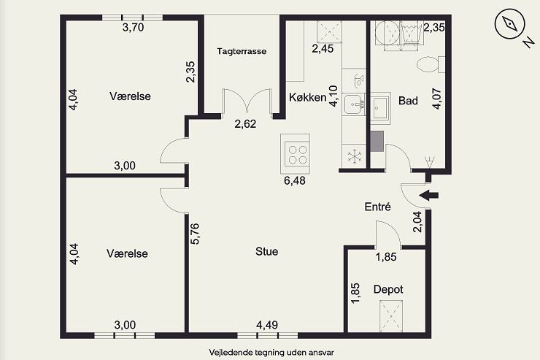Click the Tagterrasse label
pyautogui.click(x=242, y=51)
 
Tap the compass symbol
pyautogui.click(x=509, y=23)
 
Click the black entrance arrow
pyautogui.click(x=429, y=195)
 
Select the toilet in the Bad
pyautogui.click(x=431, y=64)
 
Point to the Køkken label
pyautogui.click(x=307, y=98)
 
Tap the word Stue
pyautogui.click(x=267, y=251)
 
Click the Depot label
pyautogui.click(x=388, y=289)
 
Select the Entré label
pyautogui.click(x=378, y=207)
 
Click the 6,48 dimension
pyautogui.click(x=295, y=180)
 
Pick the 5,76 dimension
pyautogui.click(x=195, y=234)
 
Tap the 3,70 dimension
pyautogui.click(x=134, y=27)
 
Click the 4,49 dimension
pyautogui.click(x=267, y=325)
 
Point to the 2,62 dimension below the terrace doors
pyautogui.click(x=245, y=123)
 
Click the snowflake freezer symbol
pyautogui.click(x=355, y=156)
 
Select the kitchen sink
pyautogui.click(x=355, y=104)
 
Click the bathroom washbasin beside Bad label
pyautogui.click(x=380, y=108)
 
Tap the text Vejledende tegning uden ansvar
pyautogui.click(x=271, y=353)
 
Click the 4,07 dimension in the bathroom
pyautogui.click(x=436, y=99)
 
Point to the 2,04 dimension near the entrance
pyautogui.click(x=417, y=221)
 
